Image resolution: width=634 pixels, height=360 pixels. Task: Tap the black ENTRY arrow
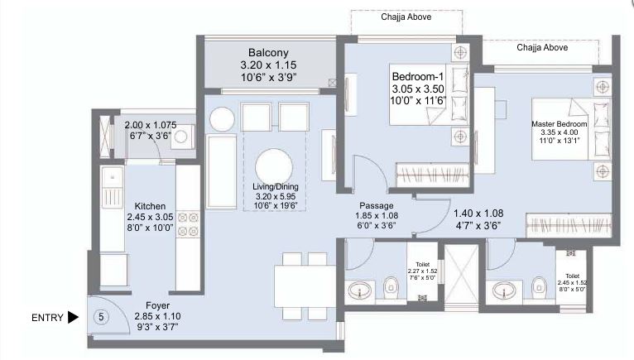(74, 316)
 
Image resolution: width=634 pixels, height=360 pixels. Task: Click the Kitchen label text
(151, 206)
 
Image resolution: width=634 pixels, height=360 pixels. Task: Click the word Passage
(376, 206)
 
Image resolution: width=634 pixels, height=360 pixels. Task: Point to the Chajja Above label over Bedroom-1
(406, 17)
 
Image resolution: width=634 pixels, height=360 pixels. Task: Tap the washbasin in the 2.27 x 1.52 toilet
(360, 290)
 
